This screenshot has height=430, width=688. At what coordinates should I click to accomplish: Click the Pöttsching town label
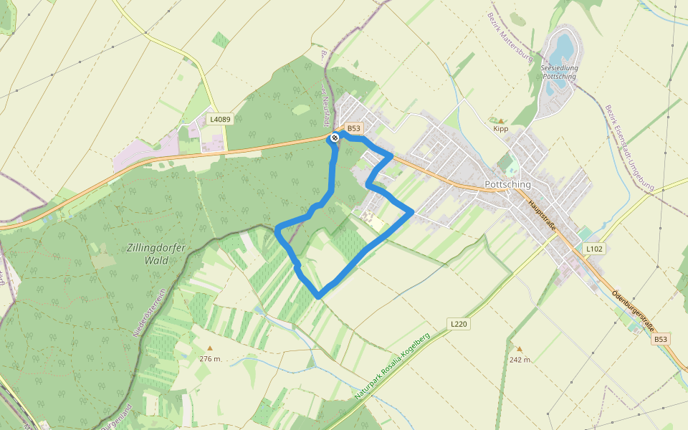507,184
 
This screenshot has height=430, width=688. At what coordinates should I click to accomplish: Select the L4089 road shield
220,119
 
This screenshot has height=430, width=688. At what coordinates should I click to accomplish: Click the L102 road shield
594,249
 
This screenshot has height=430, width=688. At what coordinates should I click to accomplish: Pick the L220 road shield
459,324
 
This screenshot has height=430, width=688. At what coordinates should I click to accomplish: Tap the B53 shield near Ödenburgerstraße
661,339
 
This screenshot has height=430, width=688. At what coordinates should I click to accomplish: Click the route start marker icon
335,137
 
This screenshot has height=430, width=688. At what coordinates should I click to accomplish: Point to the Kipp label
500,129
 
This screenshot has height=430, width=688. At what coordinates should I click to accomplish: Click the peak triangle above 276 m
210,348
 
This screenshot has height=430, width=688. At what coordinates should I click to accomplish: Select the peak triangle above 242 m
520,350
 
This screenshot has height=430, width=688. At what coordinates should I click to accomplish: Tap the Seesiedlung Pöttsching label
560,72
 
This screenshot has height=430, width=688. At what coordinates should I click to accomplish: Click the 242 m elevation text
520,360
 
